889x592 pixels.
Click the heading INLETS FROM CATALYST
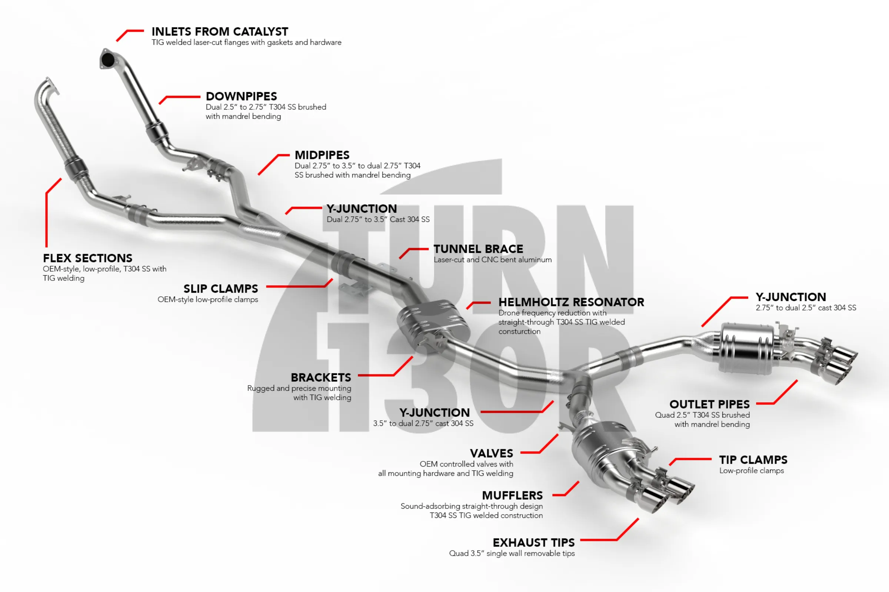pyautogui.click(x=220, y=31)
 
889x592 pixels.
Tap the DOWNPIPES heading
pyautogui.click(x=241, y=96)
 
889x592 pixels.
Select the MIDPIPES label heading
pyautogui.click(x=322, y=155)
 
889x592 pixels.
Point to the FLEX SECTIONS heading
pyautogui.click(x=88, y=258)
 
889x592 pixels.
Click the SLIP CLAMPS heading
pyautogui.click(x=221, y=289)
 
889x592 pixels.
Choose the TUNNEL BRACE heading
pyautogui.click(x=478, y=249)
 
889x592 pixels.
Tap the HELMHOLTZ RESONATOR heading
pyautogui.click(x=571, y=302)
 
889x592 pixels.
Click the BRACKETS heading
pyautogui.click(x=321, y=377)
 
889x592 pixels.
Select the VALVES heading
pyautogui.click(x=492, y=454)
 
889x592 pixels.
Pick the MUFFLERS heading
pyautogui.click(x=512, y=495)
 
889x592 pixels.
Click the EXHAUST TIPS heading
pyautogui.click(x=534, y=542)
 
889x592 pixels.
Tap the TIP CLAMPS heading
pyautogui.click(x=753, y=460)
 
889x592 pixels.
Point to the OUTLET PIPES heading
pyautogui.click(x=709, y=404)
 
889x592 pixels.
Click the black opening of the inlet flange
pyautogui.click(x=108, y=59)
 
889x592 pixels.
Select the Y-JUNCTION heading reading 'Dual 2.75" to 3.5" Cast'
pyautogui.click(x=362, y=209)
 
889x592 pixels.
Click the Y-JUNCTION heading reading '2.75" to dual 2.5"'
pyautogui.click(x=791, y=297)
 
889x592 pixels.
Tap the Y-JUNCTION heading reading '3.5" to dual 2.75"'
pyautogui.click(x=434, y=413)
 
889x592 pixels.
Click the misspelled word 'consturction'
pyautogui.click(x=519, y=332)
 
